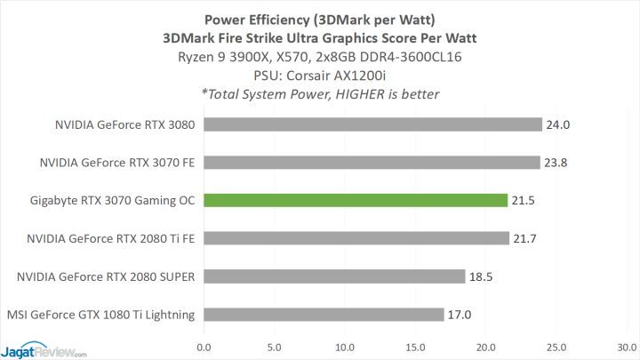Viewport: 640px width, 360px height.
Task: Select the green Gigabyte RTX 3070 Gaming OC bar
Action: click(356, 201)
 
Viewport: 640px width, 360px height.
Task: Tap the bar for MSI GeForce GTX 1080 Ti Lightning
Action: click(324, 315)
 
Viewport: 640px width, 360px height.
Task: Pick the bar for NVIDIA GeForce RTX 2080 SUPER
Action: click(334, 276)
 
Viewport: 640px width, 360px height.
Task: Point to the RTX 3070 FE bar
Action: click(372, 163)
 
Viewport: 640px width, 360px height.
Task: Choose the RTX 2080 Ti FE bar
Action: click(356, 238)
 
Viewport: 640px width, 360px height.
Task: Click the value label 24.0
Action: click(557, 125)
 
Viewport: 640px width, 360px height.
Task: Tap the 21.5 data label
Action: click(523, 201)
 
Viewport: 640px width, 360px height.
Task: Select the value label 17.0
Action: click(460, 315)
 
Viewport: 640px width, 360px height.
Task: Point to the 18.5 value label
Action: click(481, 276)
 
